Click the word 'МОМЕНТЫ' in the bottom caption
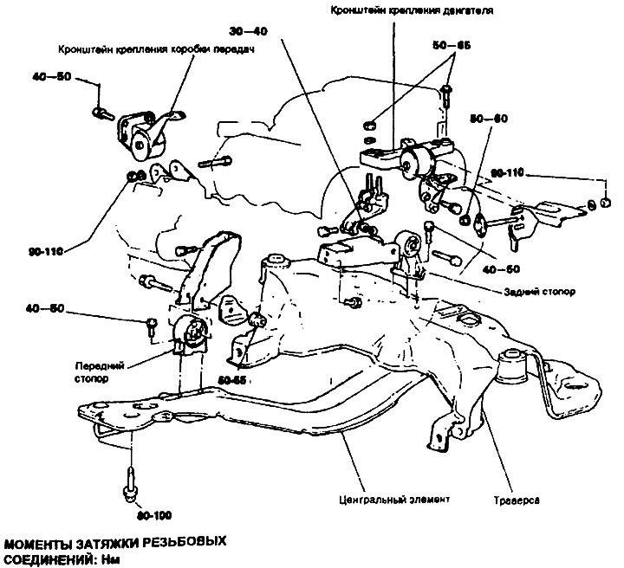[45, 544]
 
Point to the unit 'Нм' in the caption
[109, 559]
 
